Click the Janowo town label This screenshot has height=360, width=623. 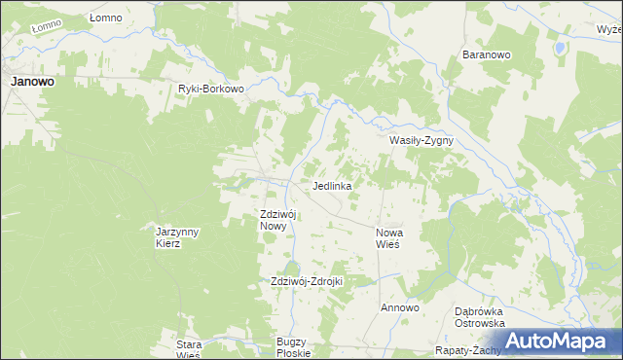click(32, 83)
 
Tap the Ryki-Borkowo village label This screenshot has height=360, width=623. click(210, 89)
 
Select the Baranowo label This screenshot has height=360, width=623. click(487, 55)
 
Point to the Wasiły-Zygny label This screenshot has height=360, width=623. click(421, 140)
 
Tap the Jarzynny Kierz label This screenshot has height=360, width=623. click(177, 236)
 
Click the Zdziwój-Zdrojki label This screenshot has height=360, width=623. click(308, 281)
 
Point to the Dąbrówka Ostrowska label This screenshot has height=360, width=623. click(479, 317)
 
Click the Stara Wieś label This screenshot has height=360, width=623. click(188, 348)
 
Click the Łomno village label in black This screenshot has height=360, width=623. click(105, 18)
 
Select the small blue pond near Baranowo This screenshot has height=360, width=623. click(560, 47)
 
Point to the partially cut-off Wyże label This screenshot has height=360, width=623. click(609, 29)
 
